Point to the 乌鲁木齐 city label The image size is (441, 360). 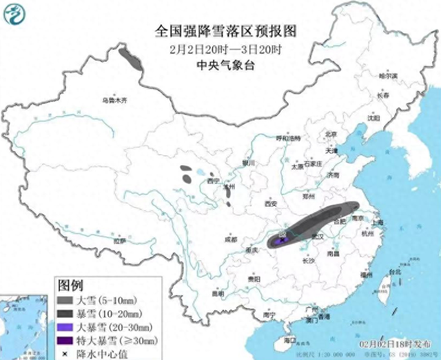pos(114,101)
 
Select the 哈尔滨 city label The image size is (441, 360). pos(389,77)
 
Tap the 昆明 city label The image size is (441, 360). pos(218,293)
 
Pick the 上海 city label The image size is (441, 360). pos(377,223)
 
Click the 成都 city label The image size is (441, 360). pos(230,239)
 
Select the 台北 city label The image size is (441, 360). pos(394,272)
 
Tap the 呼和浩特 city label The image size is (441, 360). pos(289,139)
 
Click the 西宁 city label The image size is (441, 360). pos(213,181)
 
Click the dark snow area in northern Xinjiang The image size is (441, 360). pos(130,59)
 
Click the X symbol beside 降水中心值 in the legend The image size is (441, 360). pos(65,352)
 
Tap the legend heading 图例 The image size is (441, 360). pos(70,285)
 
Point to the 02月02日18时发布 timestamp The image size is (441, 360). pos(399,343)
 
